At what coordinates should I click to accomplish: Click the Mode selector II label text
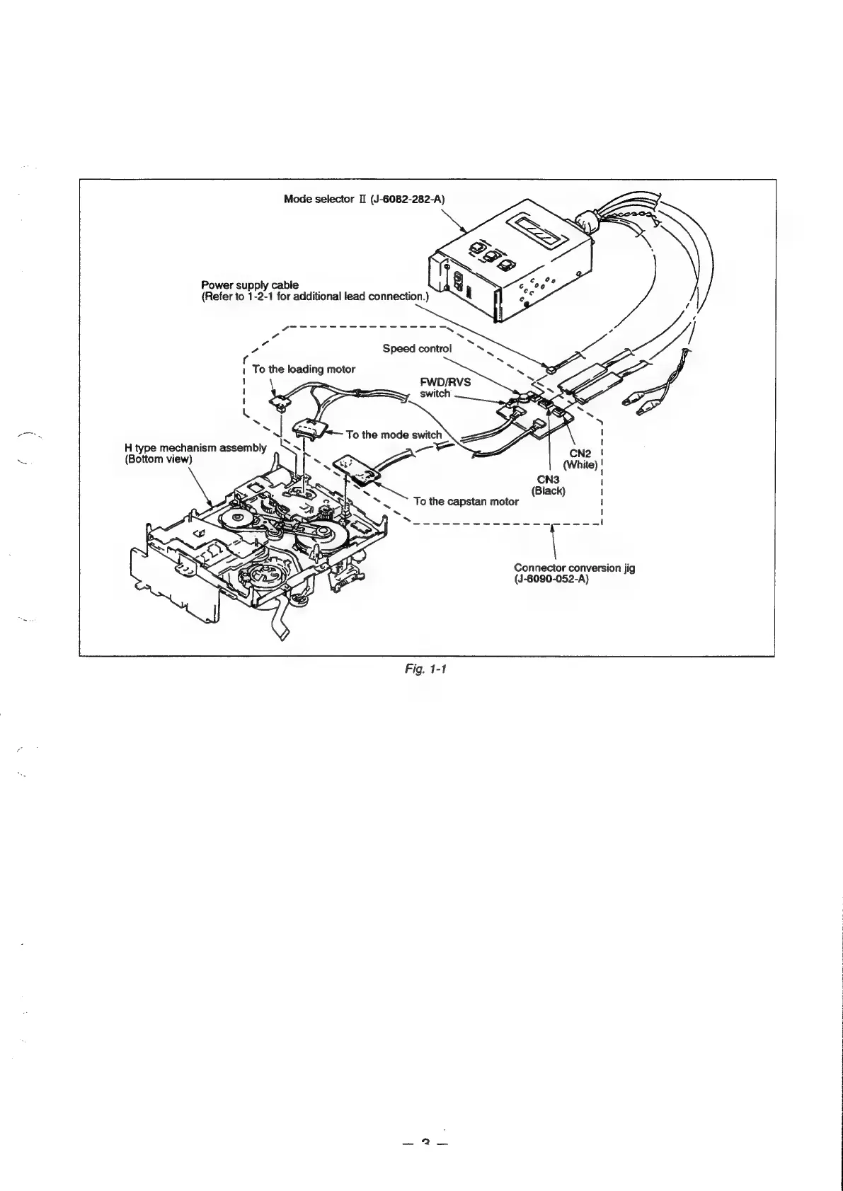(322, 199)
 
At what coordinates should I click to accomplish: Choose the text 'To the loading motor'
(304, 369)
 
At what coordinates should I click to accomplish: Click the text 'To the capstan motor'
(466, 501)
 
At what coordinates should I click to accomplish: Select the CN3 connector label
(549, 480)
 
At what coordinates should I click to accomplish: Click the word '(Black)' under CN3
(549, 491)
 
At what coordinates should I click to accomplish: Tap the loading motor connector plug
(279, 402)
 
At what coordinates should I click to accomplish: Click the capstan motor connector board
(359, 468)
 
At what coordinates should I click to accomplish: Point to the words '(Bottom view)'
(154, 459)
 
